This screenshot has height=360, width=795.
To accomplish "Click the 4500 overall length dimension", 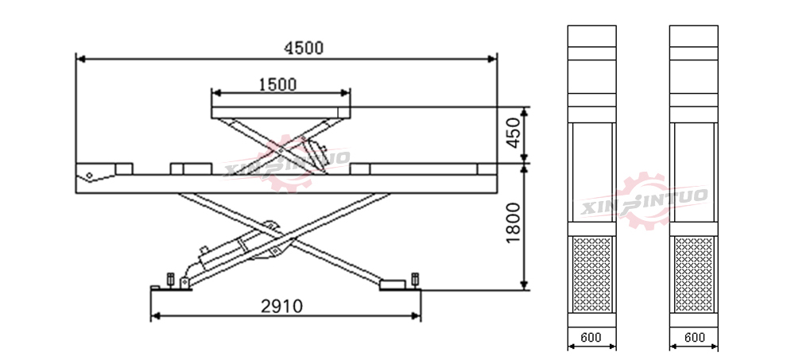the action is pos(303,48).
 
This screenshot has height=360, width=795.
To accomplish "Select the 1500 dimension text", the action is pos(277,85).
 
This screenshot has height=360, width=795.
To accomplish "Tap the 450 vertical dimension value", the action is pos(514,133).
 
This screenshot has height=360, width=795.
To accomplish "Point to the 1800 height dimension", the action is pos(513,223).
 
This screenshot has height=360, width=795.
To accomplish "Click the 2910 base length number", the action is pos(282,306).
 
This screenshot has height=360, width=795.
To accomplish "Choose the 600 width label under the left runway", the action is pos(591,337).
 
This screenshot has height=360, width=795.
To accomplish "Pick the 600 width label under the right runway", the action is pos(694,337).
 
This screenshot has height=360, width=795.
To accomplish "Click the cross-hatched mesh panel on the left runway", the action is pos(591,274).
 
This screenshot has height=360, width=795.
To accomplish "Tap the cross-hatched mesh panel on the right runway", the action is pos(694,274).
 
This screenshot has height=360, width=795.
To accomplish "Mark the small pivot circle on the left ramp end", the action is pos(89,176).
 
